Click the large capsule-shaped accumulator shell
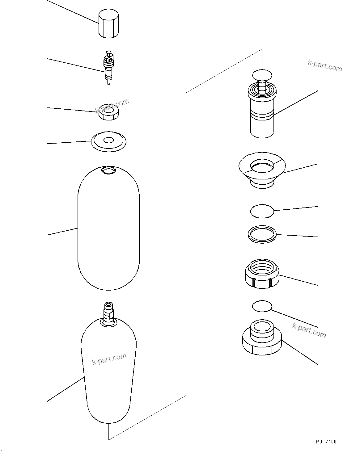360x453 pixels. (x=108, y=229)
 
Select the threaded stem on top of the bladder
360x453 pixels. (x=108, y=312)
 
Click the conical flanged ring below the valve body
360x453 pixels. (x=262, y=170)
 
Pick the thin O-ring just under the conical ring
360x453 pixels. (x=262, y=211)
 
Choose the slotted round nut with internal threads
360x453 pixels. (x=262, y=274)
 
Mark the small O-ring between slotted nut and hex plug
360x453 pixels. (x=262, y=306)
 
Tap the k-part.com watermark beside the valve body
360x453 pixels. (x=325, y=65)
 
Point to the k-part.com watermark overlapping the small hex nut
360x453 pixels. (x=112, y=106)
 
